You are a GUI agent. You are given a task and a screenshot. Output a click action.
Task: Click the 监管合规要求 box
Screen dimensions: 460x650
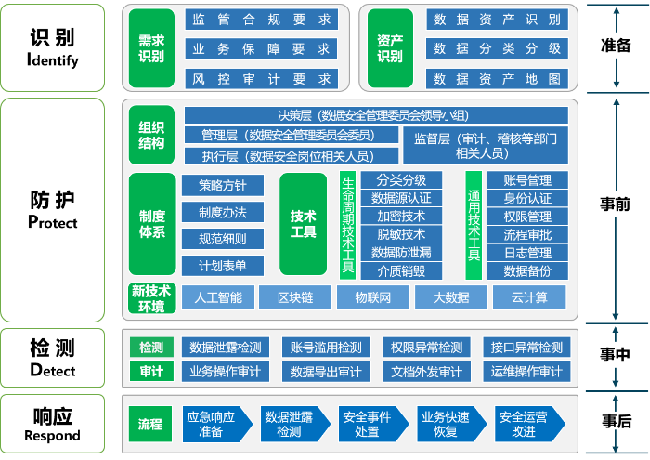coord(260,20)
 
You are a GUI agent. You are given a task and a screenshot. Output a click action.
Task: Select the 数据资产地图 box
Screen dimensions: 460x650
coord(497,78)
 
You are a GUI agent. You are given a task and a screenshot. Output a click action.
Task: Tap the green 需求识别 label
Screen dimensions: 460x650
coord(151,48)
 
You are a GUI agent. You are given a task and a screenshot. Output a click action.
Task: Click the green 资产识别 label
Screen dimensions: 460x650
coord(390,48)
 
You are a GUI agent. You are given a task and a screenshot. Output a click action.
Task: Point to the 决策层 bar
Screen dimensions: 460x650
coord(376,115)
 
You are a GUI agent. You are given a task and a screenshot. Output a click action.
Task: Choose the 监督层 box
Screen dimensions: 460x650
coord(485,146)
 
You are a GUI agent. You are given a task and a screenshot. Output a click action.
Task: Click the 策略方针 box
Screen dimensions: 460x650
coord(223,185)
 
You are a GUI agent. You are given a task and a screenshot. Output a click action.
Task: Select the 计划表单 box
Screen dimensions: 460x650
coord(223,266)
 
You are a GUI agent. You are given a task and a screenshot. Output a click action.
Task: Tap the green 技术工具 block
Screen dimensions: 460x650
coord(303,224)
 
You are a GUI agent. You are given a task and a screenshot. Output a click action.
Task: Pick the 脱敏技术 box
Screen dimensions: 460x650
coord(401,234)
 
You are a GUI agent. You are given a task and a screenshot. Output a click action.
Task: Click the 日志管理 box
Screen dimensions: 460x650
coord(527,253)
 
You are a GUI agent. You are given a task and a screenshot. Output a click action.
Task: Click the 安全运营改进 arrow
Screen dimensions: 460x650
coord(527,424)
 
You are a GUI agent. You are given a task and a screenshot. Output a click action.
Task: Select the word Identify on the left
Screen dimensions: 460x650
coord(53,60)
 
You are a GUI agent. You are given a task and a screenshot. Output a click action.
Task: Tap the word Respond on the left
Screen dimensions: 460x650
coord(52,435)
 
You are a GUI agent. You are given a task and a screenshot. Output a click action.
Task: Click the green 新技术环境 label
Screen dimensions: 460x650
coord(151,298)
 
